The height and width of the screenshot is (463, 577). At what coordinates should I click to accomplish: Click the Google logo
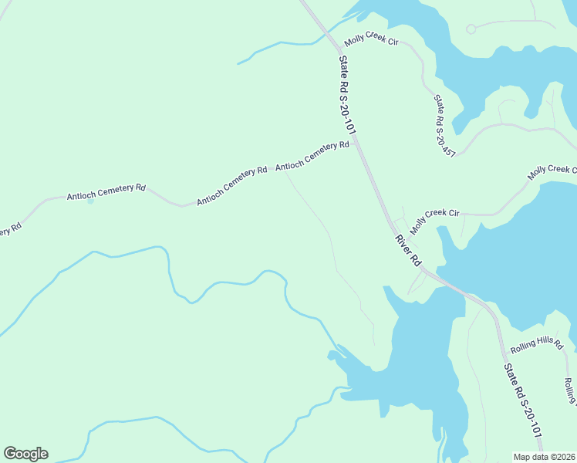25,454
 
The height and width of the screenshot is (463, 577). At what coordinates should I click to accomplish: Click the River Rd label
407,251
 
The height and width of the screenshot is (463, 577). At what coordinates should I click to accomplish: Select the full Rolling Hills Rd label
537,345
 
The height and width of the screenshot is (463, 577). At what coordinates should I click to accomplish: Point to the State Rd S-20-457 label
444,125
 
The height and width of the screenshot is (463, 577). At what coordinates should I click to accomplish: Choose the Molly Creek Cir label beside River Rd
435,221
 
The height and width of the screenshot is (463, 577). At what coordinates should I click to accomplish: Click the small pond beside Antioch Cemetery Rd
91,202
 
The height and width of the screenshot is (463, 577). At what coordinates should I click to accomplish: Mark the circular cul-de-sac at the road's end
471,29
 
